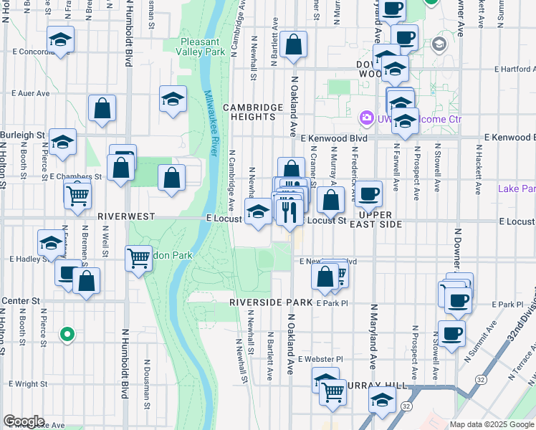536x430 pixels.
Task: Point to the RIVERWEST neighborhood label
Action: click(x=122, y=215)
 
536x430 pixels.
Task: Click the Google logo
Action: click(x=23, y=421)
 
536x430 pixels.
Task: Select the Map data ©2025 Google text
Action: click(x=492, y=424)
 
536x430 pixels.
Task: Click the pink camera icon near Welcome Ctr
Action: click(x=366, y=116)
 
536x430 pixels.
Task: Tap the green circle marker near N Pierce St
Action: click(x=67, y=333)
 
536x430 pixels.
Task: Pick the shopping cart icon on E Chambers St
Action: click(x=77, y=193)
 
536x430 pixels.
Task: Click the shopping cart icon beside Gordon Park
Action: click(x=138, y=258)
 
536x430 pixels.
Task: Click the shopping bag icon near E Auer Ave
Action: click(x=102, y=109)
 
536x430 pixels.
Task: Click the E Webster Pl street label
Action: click(x=321, y=358)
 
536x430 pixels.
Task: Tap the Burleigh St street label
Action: click(x=22, y=134)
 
